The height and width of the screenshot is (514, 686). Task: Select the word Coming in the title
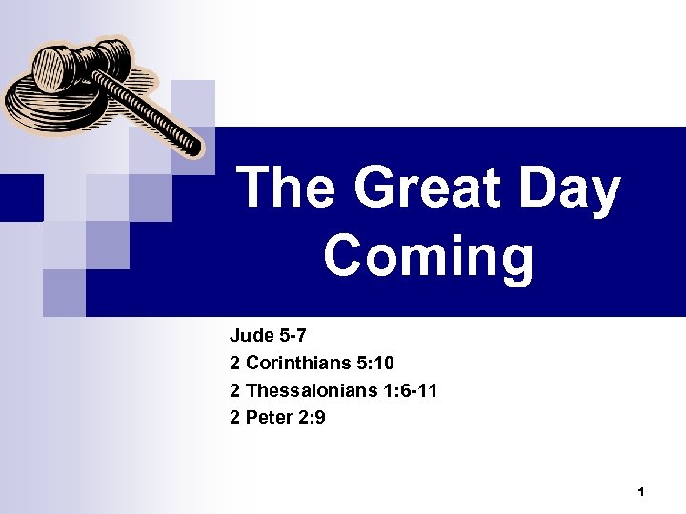(429, 257)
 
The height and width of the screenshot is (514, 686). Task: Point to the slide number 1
(641, 492)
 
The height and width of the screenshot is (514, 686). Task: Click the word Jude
(250, 336)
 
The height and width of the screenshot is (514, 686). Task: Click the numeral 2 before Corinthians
(235, 363)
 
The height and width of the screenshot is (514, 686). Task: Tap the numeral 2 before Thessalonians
(235, 389)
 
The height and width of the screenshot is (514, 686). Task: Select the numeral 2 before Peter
(235, 416)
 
